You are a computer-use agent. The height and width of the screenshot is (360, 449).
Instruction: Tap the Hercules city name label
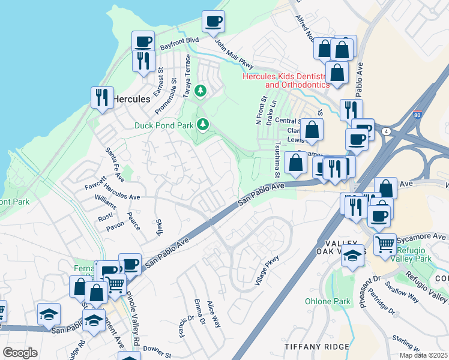point(131,99)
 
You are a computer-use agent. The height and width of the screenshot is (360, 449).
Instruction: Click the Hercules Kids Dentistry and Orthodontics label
point(286,80)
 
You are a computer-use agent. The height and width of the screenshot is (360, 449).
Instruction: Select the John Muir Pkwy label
point(234,54)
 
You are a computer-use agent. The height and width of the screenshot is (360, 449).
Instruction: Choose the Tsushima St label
point(278,160)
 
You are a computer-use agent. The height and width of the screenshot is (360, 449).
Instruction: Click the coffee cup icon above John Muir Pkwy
point(213,22)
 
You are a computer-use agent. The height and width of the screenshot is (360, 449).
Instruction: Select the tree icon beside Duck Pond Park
point(203,124)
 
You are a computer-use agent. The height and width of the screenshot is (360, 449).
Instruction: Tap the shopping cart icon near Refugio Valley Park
point(385,244)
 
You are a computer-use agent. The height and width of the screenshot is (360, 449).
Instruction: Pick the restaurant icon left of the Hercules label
point(102,97)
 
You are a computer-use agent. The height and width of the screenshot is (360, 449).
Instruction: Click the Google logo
point(20,353)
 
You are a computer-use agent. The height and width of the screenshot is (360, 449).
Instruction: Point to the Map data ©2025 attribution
point(423,355)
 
